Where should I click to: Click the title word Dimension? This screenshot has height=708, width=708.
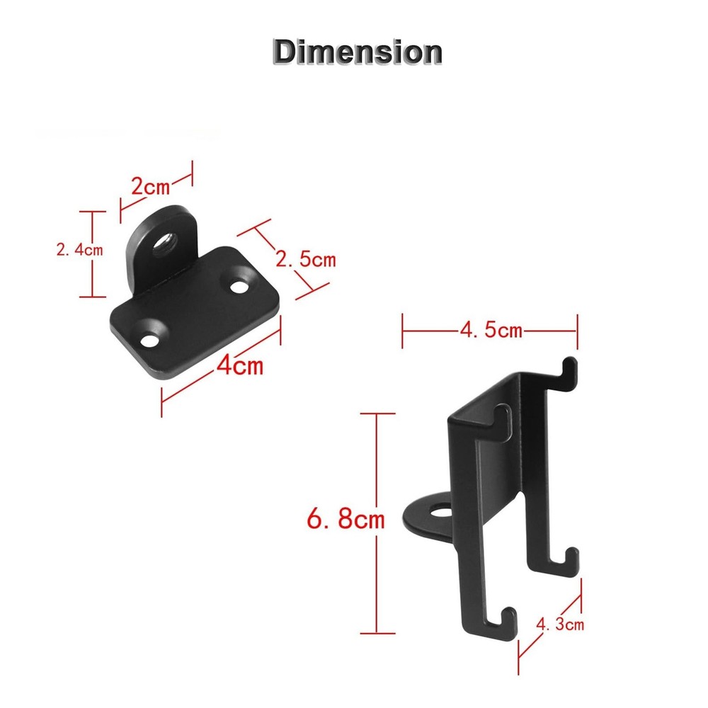point(358,52)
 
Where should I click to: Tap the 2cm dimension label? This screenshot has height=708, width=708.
point(151,188)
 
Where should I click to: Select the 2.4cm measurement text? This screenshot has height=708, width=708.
point(78,249)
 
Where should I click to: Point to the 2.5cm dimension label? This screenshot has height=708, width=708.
point(306,259)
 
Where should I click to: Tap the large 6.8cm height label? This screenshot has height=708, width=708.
point(345,520)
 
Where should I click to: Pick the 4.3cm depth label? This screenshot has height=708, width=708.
point(560,624)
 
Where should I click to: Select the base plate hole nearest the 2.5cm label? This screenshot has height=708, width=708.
point(238,287)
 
